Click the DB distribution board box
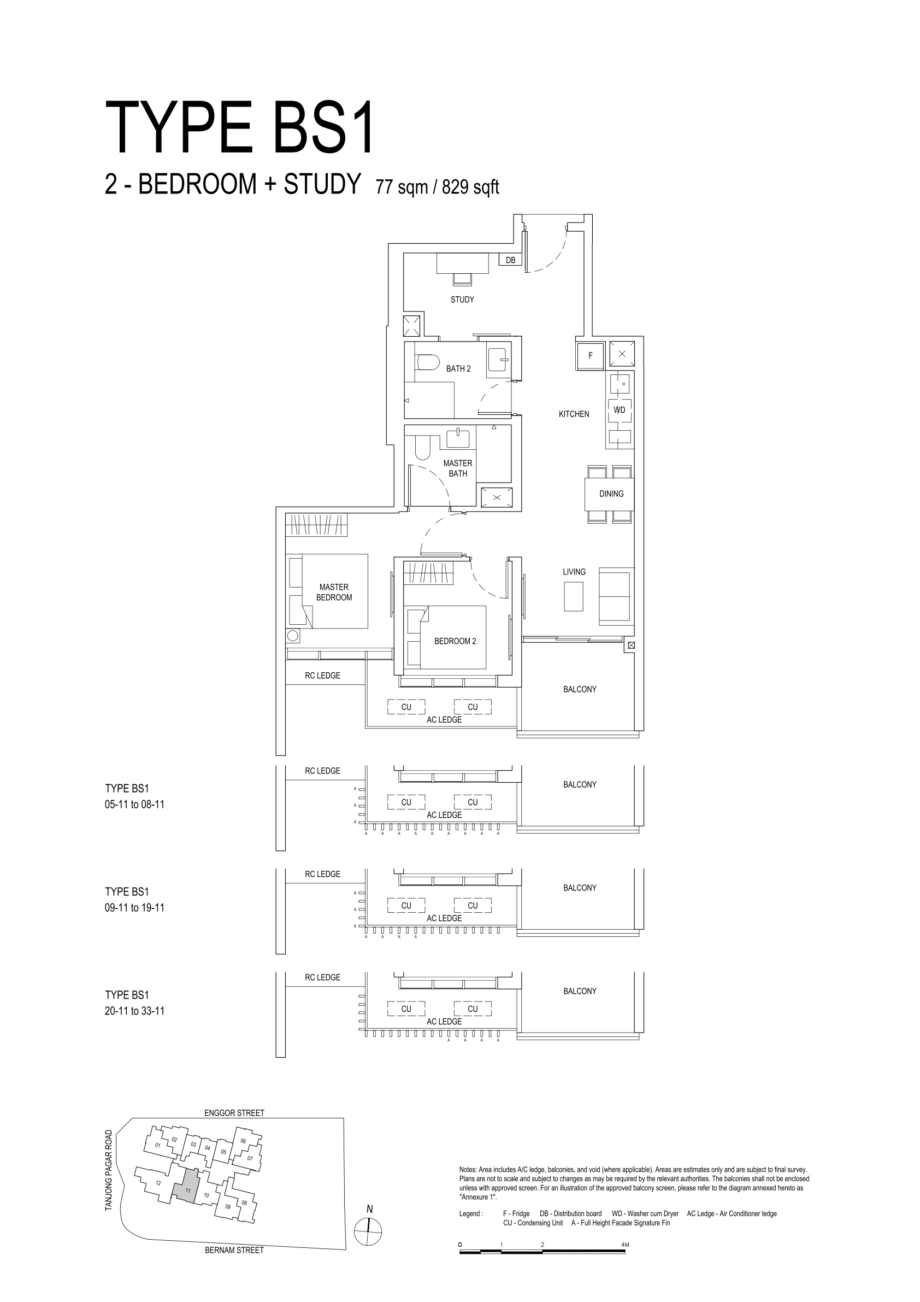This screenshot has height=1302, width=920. (x=510, y=260)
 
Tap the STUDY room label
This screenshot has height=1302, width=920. (x=462, y=300)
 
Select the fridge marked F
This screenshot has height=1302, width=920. (x=590, y=355)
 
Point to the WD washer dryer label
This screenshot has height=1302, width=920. (x=620, y=409)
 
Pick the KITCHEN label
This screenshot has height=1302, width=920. (x=574, y=414)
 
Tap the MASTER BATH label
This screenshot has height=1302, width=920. (x=457, y=468)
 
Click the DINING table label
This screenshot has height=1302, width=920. (x=611, y=494)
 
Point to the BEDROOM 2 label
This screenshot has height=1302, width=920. (x=455, y=641)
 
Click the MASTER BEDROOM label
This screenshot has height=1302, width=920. (x=334, y=592)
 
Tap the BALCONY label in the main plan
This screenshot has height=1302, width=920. (x=579, y=690)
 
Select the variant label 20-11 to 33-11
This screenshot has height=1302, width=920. (x=134, y=1011)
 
